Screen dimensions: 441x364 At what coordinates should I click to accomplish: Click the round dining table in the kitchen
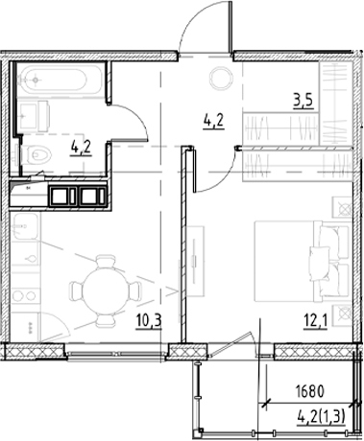point(98,285)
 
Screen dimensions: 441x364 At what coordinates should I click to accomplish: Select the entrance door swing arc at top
point(204,24)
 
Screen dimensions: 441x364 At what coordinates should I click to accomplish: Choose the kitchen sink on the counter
point(28,231)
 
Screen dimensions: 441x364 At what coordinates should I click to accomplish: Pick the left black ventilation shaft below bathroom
point(65,197)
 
